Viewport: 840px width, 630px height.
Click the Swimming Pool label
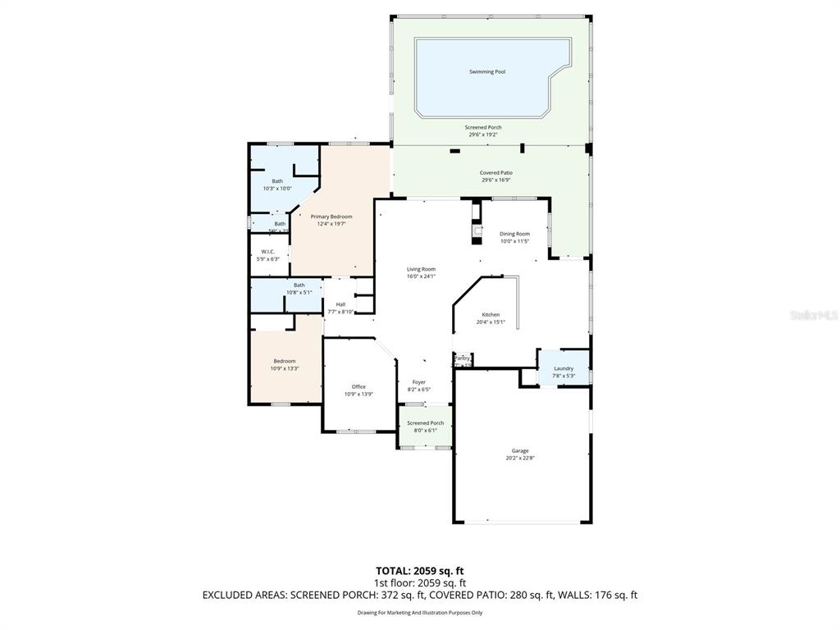(x=486, y=72)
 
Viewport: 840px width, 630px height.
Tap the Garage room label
(x=520, y=450)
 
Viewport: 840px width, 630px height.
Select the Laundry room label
(x=564, y=368)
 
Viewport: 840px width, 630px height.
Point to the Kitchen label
(x=491, y=315)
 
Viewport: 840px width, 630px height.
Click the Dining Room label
(x=514, y=234)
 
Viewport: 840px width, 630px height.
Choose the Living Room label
(x=421, y=269)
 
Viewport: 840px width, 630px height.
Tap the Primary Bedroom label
(x=331, y=217)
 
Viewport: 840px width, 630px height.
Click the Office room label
(x=358, y=386)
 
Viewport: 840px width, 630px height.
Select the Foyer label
(x=418, y=382)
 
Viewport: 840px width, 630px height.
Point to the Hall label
(x=340, y=304)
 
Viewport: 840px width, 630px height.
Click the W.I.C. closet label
(x=267, y=252)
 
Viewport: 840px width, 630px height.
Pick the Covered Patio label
(x=495, y=173)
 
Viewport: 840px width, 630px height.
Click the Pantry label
(x=462, y=358)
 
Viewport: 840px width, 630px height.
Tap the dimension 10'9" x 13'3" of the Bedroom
(x=285, y=368)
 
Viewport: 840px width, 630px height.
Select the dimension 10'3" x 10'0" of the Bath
(x=277, y=189)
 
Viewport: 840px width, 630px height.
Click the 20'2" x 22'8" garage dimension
(x=520, y=458)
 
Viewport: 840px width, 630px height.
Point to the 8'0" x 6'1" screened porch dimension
(x=426, y=431)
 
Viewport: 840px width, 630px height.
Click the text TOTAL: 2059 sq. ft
(x=419, y=571)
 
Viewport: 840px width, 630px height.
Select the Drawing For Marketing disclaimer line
(x=419, y=613)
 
